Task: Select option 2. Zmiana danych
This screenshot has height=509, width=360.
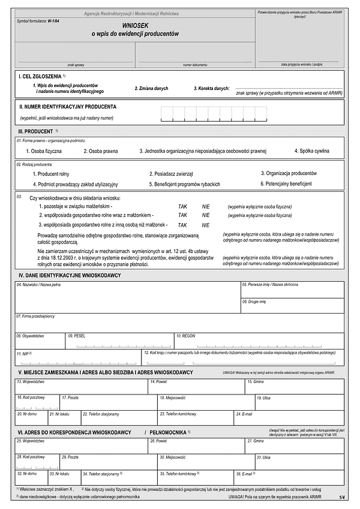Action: [x=152, y=88]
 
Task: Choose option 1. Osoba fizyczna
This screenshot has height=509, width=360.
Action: [x=44, y=151]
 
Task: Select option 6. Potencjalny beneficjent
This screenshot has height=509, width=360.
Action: [x=286, y=183]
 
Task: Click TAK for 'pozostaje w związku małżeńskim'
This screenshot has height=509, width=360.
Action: [x=182, y=206]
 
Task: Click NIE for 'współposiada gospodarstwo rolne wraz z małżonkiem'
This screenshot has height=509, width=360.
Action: [x=206, y=215]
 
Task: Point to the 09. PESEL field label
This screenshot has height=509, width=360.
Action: [x=77, y=336]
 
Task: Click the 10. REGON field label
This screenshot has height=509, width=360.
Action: [x=186, y=336]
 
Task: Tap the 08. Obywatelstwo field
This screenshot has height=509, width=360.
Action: [x=40, y=342]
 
